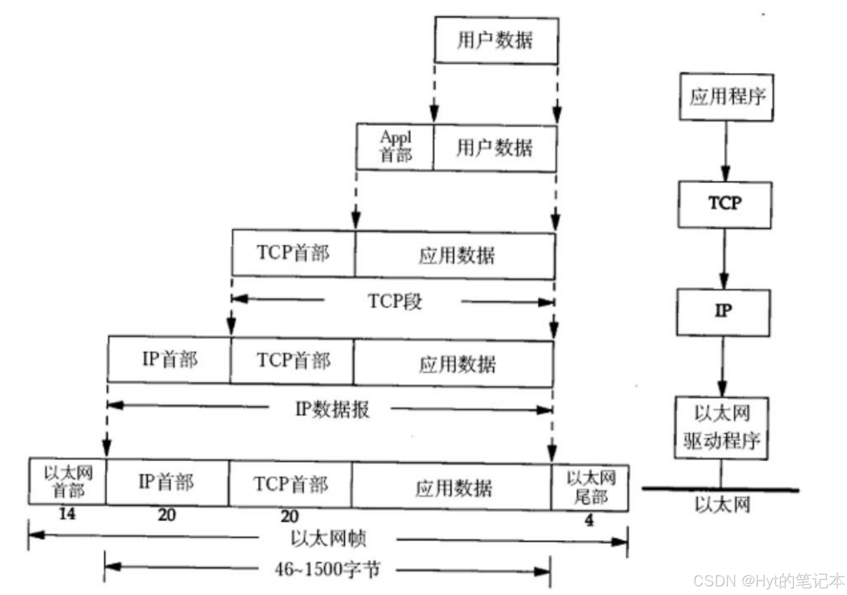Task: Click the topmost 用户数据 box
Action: coord(496,40)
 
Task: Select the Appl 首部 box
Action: coord(395,147)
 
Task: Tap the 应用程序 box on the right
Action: coord(726,97)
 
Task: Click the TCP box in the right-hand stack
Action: coord(725,204)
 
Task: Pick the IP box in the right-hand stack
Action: coord(723,312)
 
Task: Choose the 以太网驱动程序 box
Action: coord(721,428)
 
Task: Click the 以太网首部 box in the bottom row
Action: coord(68,482)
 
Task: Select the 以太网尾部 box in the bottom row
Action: coord(590,487)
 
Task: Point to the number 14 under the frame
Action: coord(67,514)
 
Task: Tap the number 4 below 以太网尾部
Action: coord(589,520)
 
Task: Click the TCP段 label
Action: coord(394,302)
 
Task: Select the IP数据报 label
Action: coord(332,409)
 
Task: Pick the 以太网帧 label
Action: coord(329,538)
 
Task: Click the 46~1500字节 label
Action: coord(328,570)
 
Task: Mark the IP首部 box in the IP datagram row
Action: coord(169,360)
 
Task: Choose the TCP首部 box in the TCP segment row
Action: coord(293,253)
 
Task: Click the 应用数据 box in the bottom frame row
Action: coord(453,488)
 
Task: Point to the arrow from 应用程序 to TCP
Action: coord(726,151)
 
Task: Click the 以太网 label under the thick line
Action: coord(722,505)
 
